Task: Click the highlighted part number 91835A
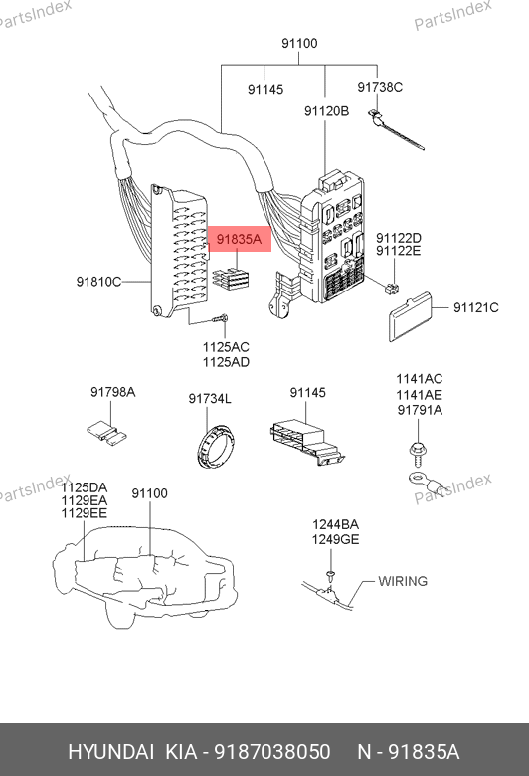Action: [239, 239]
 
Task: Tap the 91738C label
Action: [380, 87]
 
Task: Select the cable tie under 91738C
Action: [396, 129]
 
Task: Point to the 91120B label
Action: [326, 111]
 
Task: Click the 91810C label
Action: [98, 282]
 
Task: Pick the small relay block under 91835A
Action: [231, 279]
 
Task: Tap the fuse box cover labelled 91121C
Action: [410, 317]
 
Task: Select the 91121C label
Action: [476, 307]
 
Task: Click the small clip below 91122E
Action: [393, 289]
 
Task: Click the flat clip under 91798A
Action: [106, 433]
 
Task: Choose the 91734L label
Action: [210, 398]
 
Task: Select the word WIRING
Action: [403, 581]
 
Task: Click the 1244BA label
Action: [335, 524]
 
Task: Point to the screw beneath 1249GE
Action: [331, 575]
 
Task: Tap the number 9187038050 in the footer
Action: [272, 752]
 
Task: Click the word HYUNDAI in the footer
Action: [110, 752]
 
